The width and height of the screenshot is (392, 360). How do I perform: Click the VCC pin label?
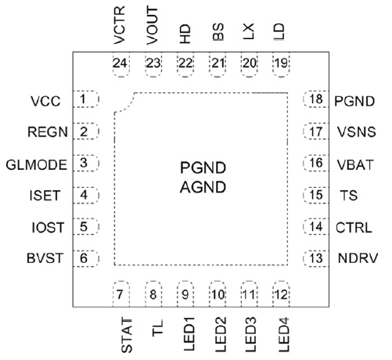pyautogui.click(x=45, y=101)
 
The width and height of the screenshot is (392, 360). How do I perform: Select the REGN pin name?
pyautogui.click(x=48, y=132)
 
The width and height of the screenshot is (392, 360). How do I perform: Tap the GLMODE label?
pyautogui.click(x=37, y=165)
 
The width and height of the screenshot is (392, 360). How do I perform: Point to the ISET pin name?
pyautogui.click(x=45, y=196)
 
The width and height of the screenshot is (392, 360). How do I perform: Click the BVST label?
pyautogui.click(x=45, y=258)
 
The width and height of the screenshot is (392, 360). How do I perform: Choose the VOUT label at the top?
pyautogui.click(x=153, y=26)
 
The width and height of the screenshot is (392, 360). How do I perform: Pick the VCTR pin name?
pyautogui.click(x=120, y=25)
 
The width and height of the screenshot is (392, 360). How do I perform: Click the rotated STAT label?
pyautogui.click(x=127, y=336)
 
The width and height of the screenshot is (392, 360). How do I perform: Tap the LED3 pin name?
pyautogui.click(x=250, y=334)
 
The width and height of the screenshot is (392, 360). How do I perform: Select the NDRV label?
pyautogui.click(x=358, y=258)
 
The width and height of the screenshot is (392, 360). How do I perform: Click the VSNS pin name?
pyautogui.click(x=357, y=132)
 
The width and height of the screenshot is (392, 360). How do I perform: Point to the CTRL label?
pyautogui.click(x=354, y=228)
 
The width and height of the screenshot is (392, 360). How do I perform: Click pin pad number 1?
pyautogui.click(x=85, y=99)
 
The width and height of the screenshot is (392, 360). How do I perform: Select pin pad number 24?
pyautogui.click(x=120, y=64)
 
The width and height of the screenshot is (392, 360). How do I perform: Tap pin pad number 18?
pyautogui.click(x=316, y=99)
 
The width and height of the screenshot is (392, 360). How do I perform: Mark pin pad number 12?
pyautogui.click(x=281, y=294)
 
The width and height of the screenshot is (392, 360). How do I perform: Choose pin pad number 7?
pyautogui.click(x=120, y=294)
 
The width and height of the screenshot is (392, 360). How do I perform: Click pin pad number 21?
pyautogui.click(x=218, y=64)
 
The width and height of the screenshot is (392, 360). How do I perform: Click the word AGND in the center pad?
pyautogui.click(x=203, y=187)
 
